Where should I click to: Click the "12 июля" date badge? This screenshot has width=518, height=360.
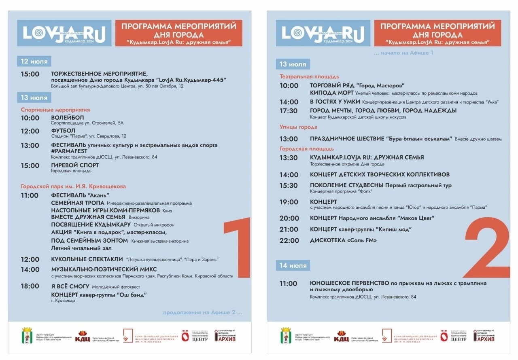point(34,61)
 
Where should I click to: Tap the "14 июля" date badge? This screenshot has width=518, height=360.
point(293,265)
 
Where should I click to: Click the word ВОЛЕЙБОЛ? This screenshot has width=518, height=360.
point(67,118)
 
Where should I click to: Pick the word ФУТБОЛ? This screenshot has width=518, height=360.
point(63,131)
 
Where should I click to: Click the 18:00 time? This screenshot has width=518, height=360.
point(30,286)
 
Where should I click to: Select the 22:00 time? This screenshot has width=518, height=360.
point(289,240)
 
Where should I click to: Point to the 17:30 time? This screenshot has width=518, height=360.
point(289,110)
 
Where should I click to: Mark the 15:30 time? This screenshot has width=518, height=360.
point(289,185)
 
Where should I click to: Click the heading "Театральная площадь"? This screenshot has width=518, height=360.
point(309,76)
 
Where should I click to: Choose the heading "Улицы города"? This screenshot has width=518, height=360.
point(298,127)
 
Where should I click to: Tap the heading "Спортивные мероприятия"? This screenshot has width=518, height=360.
point(55,110)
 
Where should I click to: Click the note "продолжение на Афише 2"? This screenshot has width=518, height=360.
point(203,312)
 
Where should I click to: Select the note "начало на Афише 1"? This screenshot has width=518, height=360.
point(403,53)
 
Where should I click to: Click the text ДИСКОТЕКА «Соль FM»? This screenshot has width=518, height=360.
point(343,240)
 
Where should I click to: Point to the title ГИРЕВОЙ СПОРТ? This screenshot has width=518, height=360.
point(75,165)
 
